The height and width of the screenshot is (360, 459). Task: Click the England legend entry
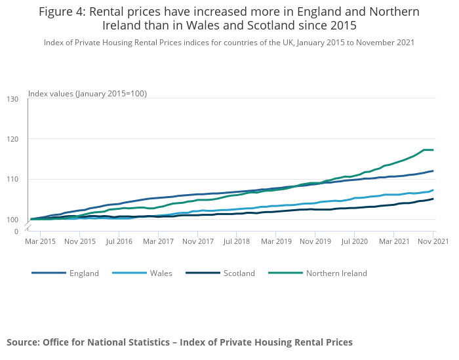[x=84, y=273]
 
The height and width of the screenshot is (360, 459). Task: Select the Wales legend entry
[x=161, y=273]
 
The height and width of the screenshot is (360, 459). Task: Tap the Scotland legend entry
[x=239, y=273]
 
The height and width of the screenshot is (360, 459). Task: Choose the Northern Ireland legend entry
[x=336, y=273]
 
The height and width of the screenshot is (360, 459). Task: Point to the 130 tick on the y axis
[x=12, y=99]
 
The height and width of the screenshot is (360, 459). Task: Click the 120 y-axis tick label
[x=12, y=139]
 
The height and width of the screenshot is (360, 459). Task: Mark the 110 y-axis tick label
[x=12, y=179]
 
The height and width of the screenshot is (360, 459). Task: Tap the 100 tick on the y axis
[x=12, y=219]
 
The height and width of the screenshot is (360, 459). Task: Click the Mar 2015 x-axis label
[x=40, y=241]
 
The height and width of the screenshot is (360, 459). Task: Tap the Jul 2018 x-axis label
[x=237, y=241]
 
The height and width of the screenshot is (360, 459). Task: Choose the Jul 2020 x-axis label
[x=354, y=241]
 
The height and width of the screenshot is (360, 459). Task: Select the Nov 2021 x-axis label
[x=433, y=241]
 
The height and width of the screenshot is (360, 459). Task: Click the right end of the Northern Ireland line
[x=433, y=150]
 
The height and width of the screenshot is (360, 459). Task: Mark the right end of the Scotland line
[x=433, y=199]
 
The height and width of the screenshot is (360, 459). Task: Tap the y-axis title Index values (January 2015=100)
[x=87, y=94]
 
